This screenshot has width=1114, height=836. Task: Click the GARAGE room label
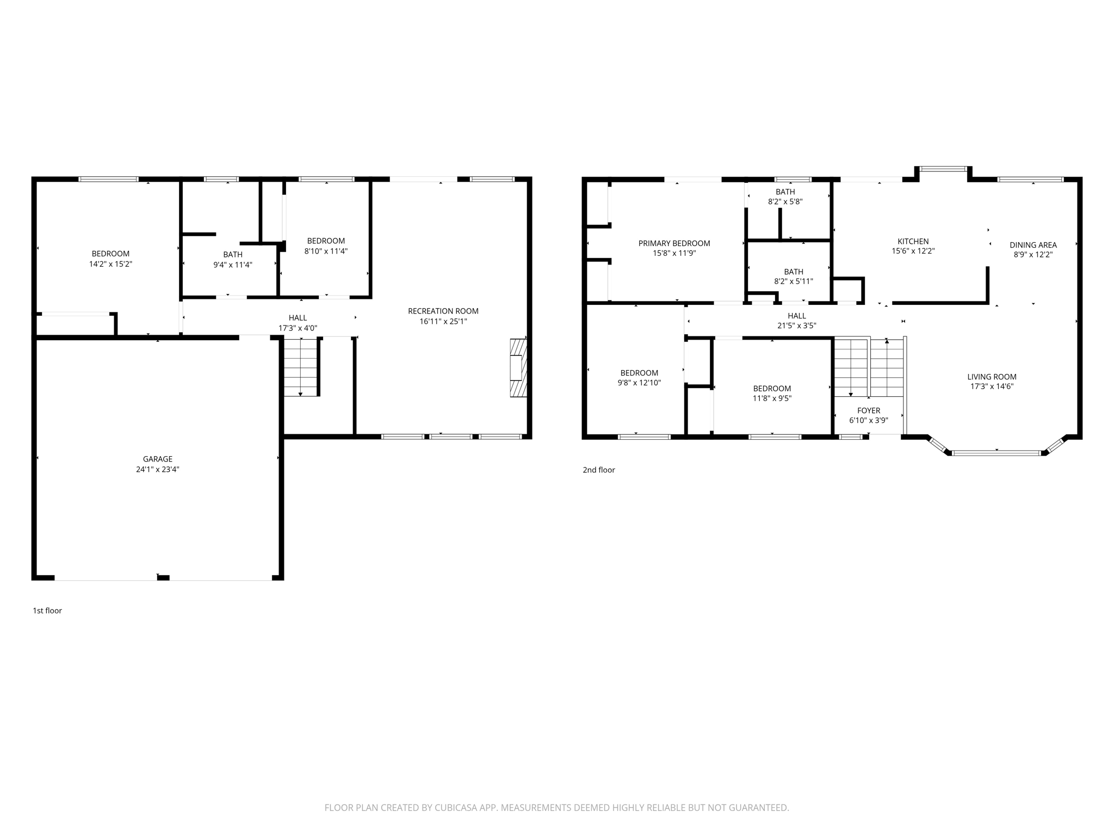[x=157, y=459]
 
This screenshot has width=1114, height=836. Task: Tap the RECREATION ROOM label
[x=443, y=311]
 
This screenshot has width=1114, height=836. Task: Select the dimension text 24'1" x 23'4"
[x=157, y=469]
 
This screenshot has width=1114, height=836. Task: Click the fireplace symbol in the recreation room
[x=518, y=368]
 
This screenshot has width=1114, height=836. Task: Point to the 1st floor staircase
[x=300, y=366]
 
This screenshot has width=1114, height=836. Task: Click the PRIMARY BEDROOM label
[x=674, y=243]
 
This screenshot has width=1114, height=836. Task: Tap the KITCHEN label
[x=913, y=241]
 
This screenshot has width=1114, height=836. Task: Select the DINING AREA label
[x=1033, y=245]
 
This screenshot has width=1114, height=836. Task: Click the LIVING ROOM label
[x=992, y=377]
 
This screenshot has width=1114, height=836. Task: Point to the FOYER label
[x=868, y=410]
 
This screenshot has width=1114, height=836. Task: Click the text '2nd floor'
[x=598, y=470]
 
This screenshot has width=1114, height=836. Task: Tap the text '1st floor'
[x=47, y=611]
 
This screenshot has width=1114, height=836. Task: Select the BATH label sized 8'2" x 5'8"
[x=785, y=192]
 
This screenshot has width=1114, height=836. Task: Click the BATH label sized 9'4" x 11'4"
[x=233, y=254]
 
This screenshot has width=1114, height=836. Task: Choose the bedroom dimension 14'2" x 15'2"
[x=110, y=264]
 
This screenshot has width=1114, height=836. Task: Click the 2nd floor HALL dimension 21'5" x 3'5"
[x=796, y=326]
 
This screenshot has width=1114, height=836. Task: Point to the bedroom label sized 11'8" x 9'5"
[x=772, y=388]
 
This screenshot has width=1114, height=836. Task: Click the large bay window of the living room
[x=996, y=453]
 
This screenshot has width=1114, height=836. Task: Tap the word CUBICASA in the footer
[x=455, y=808]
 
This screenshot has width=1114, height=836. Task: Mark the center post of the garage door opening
[x=163, y=577]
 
